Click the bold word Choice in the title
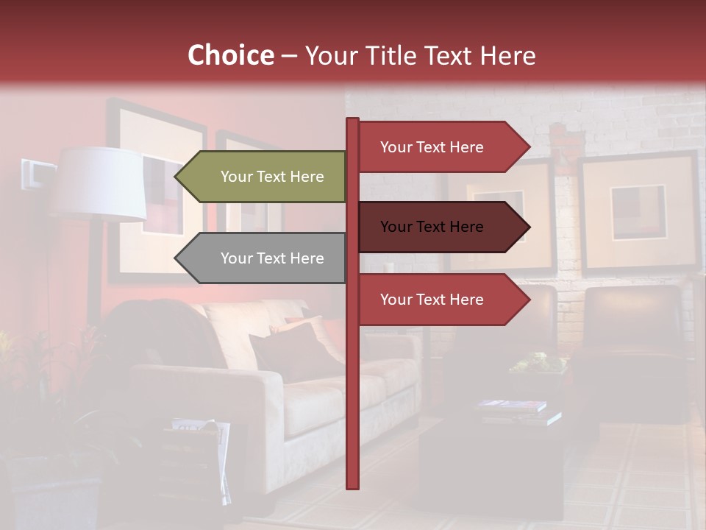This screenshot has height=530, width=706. click(230, 56)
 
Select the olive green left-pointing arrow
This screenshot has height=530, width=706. click(261, 177)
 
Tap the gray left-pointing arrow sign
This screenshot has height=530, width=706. click(261, 258)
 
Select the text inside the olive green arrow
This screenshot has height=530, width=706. click(272, 177)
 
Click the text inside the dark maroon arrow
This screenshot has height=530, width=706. click(432, 227)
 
